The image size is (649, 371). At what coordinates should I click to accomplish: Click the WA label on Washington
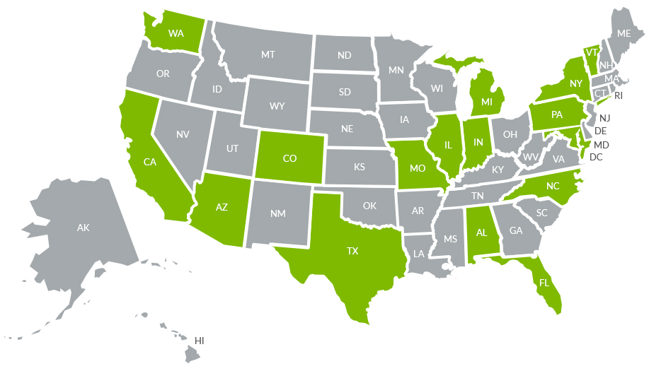(x=176, y=33)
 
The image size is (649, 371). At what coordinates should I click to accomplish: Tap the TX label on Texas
(x=352, y=251)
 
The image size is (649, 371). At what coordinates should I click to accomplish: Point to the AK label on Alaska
(x=84, y=228)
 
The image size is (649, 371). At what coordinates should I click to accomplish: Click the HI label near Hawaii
(x=200, y=341)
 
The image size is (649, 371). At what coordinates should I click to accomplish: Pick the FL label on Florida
(x=544, y=283)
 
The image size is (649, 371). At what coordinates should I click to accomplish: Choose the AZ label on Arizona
(x=222, y=208)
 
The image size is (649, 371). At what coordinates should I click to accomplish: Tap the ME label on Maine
(x=624, y=33)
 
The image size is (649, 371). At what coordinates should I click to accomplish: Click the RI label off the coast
(x=618, y=95)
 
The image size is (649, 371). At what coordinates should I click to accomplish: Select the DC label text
(x=595, y=157)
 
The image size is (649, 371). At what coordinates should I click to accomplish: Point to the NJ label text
(x=604, y=118)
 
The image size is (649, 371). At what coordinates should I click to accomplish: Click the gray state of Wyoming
(x=277, y=106)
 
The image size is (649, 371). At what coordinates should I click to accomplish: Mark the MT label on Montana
(x=268, y=54)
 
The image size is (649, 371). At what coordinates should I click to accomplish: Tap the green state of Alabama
(x=481, y=232)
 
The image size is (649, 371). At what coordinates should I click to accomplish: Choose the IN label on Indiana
(x=478, y=143)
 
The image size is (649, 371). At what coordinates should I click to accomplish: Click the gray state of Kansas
(x=359, y=167)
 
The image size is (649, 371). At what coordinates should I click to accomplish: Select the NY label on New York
(x=575, y=84)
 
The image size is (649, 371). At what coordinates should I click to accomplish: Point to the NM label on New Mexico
(x=277, y=213)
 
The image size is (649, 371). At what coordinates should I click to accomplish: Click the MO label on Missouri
(x=418, y=169)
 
